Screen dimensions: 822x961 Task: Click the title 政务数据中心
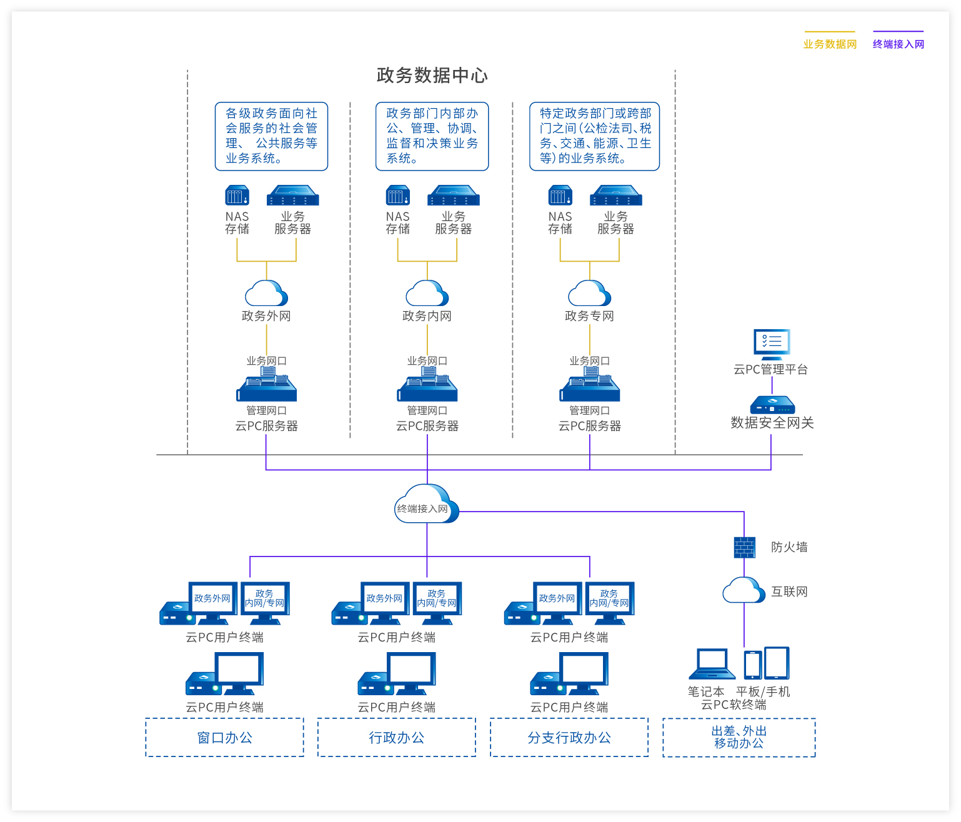[432, 76]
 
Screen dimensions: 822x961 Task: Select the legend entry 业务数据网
[830, 44]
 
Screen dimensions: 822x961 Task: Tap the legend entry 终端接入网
[898, 44]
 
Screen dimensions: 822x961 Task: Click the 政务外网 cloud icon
[266, 294]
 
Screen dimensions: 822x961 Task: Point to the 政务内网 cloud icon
[427, 294]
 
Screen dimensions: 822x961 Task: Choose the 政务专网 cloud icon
[589, 294]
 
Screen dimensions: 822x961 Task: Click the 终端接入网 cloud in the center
[427, 505]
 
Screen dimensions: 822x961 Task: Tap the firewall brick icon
[744, 547]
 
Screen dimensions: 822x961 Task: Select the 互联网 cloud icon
[744, 590]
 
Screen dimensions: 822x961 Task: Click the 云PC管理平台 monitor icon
[772, 342]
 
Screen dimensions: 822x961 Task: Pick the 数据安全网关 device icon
[772, 405]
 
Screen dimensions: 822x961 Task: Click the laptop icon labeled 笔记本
[712, 664]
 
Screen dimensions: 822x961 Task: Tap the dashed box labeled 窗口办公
[225, 738]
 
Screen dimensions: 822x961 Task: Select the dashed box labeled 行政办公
[397, 738]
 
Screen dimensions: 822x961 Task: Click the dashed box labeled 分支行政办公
[569, 738]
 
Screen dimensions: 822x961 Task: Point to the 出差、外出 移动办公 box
[739, 738]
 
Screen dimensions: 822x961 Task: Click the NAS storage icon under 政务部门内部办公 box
[397, 196]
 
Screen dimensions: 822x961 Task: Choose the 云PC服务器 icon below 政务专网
[589, 385]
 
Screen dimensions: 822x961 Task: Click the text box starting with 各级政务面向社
[271, 136]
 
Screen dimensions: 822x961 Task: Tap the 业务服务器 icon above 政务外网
[292, 196]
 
